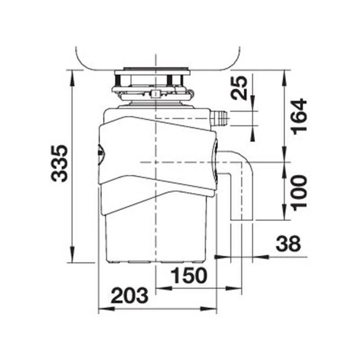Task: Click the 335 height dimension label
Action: tap(59, 163)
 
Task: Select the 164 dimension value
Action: tap(299, 117)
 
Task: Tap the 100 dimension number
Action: tap(299, 193)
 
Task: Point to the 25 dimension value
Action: tap(239, 88)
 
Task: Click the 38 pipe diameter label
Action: tap(288, 243)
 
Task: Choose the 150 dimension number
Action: tap(189, 275)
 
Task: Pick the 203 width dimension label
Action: tap(129, 295)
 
